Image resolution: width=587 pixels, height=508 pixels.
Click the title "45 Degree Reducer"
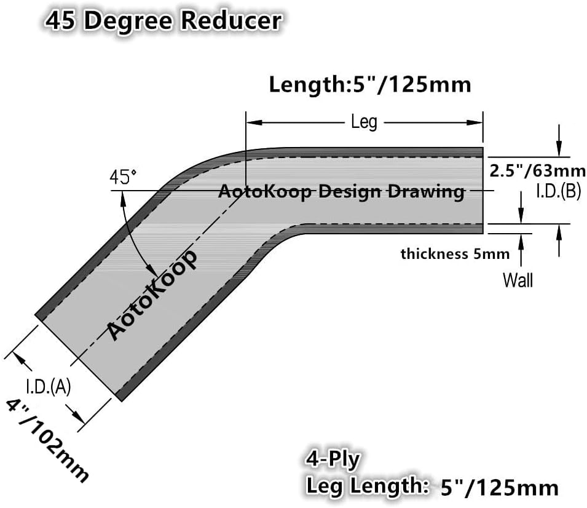click(162, 20)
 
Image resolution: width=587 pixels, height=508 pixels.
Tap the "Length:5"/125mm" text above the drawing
click(370, 84)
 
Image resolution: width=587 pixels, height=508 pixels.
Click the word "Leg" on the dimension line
click(364, 122)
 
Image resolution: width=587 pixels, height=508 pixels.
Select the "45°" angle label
click(123, 178)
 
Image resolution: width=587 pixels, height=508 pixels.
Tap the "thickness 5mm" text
click(455, 253)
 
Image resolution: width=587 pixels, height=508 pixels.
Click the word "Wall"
click(518, 280)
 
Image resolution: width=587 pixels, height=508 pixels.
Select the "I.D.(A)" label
click(49, 387)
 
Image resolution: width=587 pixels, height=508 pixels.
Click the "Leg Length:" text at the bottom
click(368, 486)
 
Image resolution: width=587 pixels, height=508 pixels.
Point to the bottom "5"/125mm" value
click(499, 488)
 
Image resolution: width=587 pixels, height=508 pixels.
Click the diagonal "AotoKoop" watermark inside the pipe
click(152, 295)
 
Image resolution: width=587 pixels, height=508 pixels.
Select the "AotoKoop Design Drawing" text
click(341, 192)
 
